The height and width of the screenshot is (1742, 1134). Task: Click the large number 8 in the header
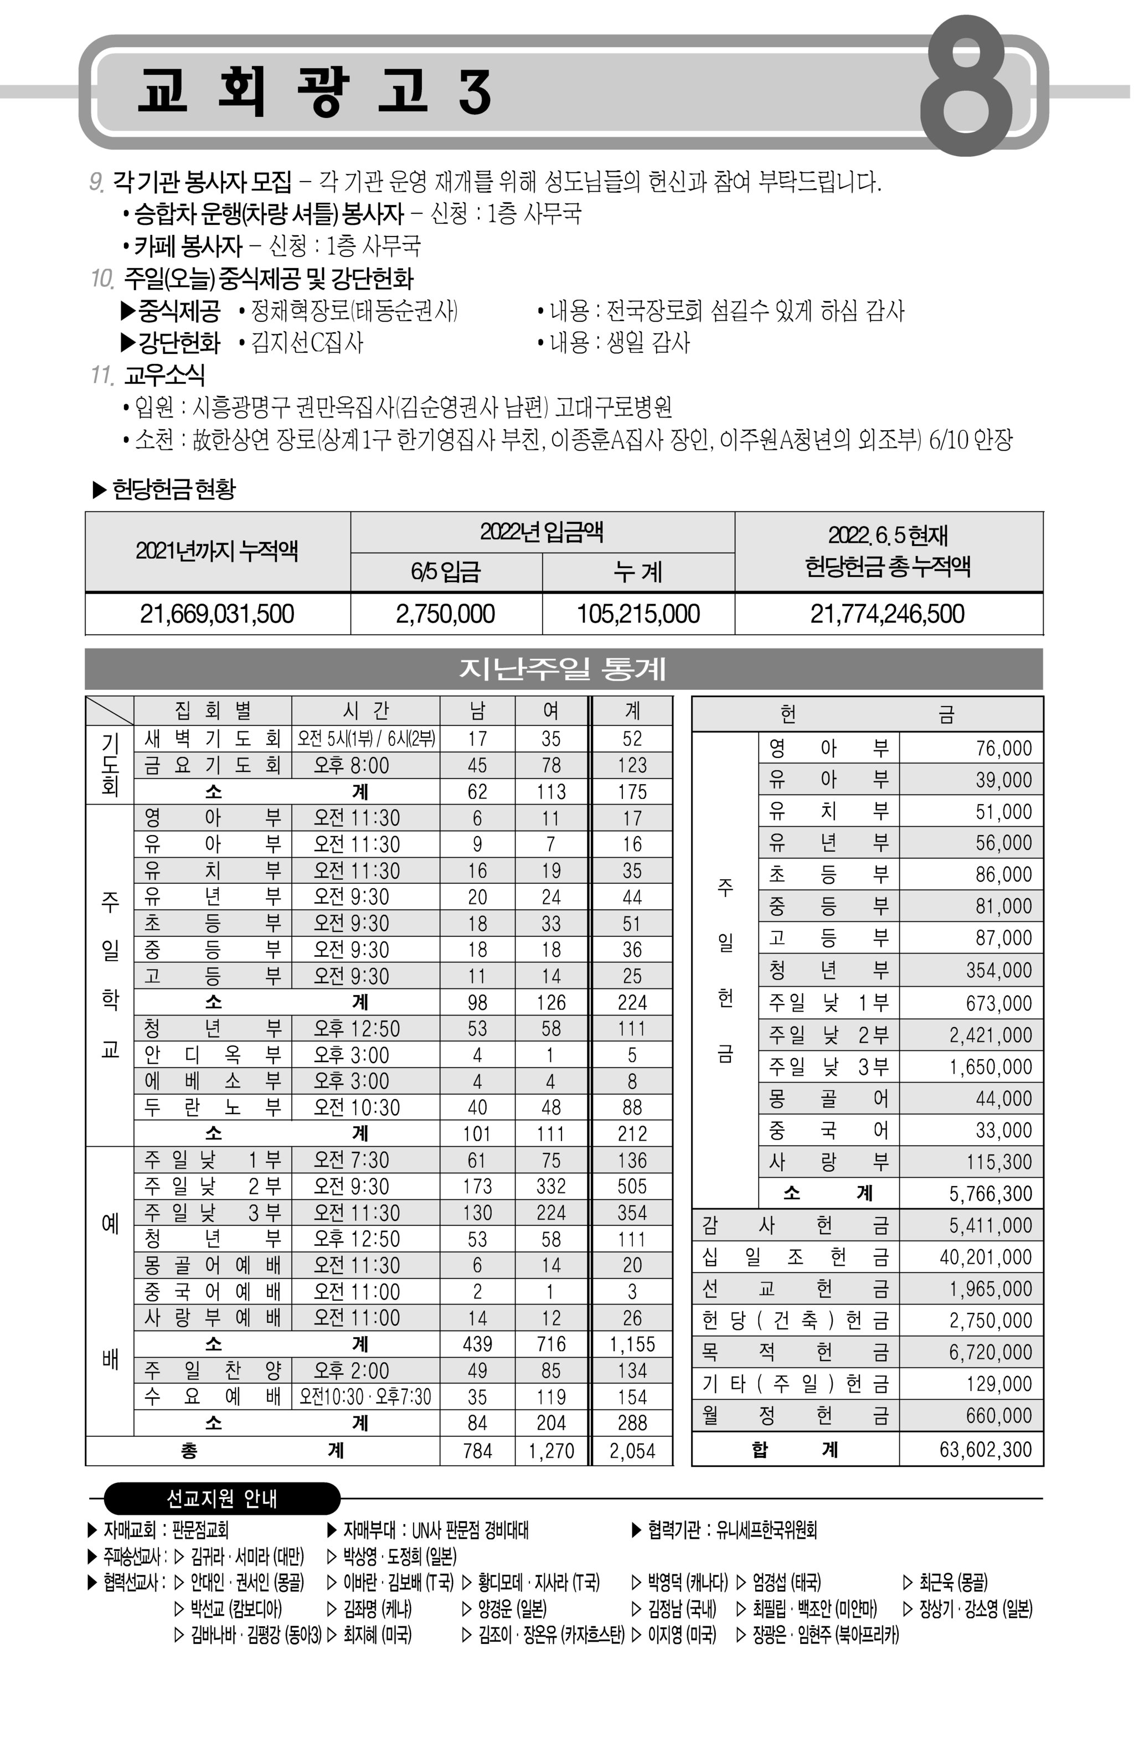pos(966,86)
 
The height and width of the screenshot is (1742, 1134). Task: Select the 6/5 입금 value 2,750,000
pos(445,614)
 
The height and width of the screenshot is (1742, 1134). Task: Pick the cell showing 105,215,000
pos(638,614)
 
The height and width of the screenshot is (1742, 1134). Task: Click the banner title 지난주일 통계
pos(562,668)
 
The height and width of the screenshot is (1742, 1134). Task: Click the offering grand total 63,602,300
pos(984,1449)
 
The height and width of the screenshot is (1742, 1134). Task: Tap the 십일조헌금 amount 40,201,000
pos(984,1257)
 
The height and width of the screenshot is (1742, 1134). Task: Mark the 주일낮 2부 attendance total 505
pos(632,1186)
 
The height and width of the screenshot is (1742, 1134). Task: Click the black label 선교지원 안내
pos(222,1498)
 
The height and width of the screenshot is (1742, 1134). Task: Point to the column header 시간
pos(365,710)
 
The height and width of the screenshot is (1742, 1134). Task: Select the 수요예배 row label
pos(212,1396)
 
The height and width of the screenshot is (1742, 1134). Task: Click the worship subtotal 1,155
pos(632,1344)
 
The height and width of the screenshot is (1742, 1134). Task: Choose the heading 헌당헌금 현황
pos(173,489)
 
